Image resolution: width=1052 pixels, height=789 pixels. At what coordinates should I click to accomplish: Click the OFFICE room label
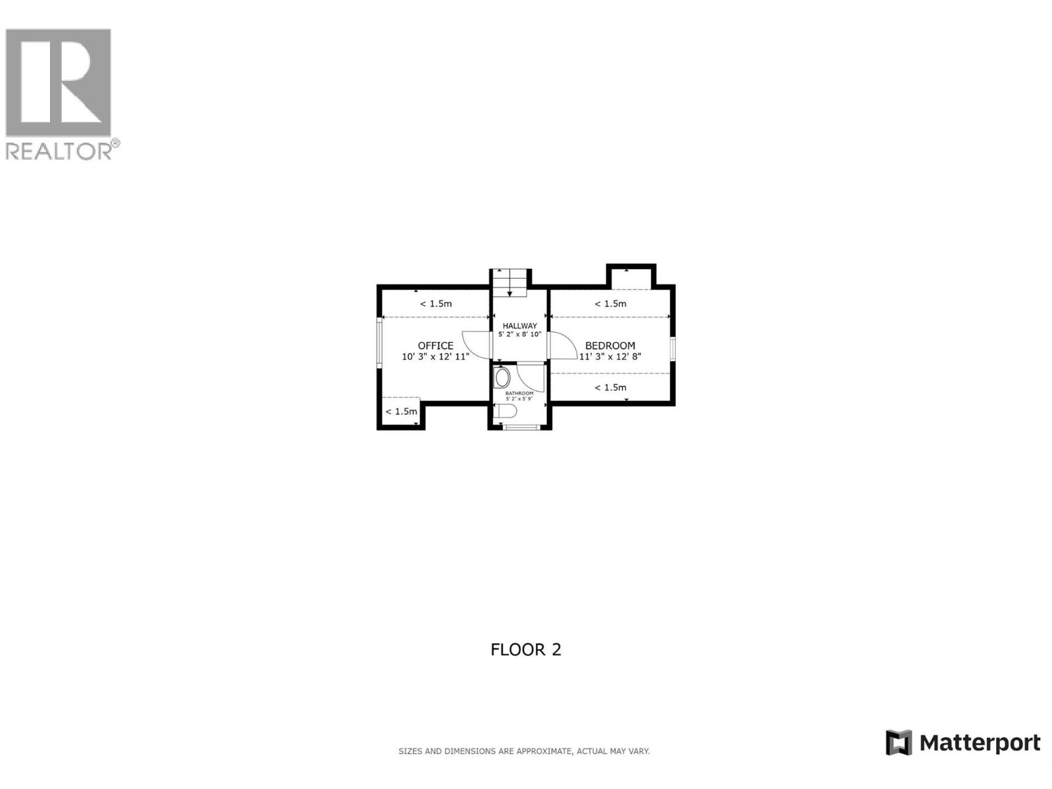pyautogui.click(x=435, y=346)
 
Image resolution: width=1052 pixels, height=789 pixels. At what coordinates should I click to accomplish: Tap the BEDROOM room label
pyautogui.click(x=610, y=346)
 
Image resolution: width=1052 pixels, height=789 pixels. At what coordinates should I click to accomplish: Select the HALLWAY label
pyautogui.click(x=519, y=325)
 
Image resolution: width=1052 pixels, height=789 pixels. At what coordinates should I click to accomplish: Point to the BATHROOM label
pyautogui.click(x=519, y=393)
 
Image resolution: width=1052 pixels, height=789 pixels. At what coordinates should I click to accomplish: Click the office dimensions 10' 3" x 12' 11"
pyautogui.click(x=435, y=357)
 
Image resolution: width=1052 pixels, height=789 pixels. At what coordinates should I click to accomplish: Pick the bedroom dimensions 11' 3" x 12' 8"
pyautogui.click(x=610, y=357)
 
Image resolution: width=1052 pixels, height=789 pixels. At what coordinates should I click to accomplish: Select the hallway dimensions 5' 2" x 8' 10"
pyautogui.click(x=519, y=335)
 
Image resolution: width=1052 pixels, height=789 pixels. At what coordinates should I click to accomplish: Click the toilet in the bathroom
pyautogui.click(x=506, y=412)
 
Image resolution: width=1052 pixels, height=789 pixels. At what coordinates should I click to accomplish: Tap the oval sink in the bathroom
pyautogui.click(x=502, y=378)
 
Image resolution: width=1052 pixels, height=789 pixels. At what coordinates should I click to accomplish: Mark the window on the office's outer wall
pyautogui.click(x=379, y=343)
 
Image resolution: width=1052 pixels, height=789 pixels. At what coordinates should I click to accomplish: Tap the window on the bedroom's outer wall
pyautogui.click(x=673, y=348)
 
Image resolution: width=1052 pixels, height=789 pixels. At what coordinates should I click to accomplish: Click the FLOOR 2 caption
pyautogui.click(x=526, y=650)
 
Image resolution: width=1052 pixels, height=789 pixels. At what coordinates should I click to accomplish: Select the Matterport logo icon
pyautogui.click(x=899, y=743)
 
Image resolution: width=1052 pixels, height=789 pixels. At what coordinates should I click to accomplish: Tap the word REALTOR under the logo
pyautogui.click(x=59, y=151)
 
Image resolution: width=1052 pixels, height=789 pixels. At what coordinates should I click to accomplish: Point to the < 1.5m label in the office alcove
pyautogui.click(x=401, y=412)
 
